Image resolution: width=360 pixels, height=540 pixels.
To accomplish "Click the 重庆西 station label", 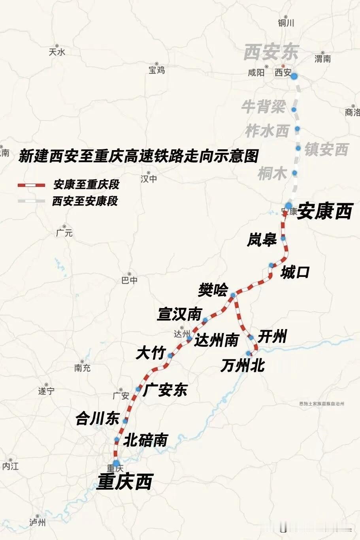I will (124, 482).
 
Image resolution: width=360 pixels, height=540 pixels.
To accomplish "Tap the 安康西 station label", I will (324, 211).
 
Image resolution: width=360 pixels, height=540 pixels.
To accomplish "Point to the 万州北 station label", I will (243, 365).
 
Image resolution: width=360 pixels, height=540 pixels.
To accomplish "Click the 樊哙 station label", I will (213, 290).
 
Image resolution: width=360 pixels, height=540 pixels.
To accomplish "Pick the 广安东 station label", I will (164, 390).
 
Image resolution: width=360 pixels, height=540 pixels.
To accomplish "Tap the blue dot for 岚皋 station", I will (283, 238).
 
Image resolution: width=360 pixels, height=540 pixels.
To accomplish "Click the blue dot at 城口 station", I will (271, 265).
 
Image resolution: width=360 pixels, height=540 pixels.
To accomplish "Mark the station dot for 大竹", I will (170, 356).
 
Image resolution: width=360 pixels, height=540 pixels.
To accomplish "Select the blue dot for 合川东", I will (125, 421).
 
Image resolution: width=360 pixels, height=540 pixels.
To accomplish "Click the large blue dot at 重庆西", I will (116, 463).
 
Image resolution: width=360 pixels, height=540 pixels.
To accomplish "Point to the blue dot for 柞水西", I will (297, 129).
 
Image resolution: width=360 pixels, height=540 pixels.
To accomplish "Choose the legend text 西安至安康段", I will (85, 201).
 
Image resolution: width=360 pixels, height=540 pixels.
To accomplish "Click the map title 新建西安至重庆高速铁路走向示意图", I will (138, 155).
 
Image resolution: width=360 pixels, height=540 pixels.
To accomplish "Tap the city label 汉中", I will (149, 179).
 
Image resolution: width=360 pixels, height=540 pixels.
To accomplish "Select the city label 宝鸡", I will (156, 70).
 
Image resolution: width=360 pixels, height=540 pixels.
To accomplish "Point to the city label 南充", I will (82, 368).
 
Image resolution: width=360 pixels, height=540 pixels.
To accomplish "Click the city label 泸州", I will (38, 523).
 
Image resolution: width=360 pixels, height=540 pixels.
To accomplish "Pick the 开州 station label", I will (272, 337).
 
